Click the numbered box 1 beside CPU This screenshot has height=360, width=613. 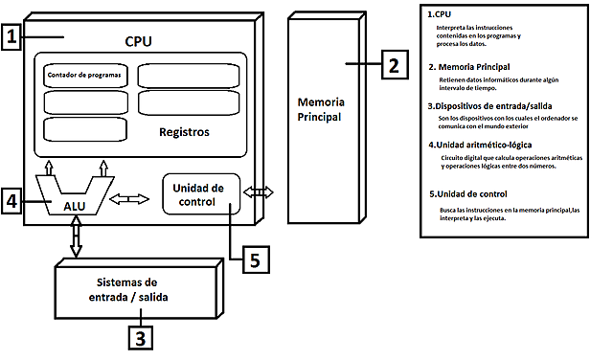point(12,38)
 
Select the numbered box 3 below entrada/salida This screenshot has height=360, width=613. point(140,336)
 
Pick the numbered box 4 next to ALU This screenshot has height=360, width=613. point(12,203)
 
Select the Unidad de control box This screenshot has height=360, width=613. point(200,194)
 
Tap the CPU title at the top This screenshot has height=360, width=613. point(138,41)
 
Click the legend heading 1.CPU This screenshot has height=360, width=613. point(439,14)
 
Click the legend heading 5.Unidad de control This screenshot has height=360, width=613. point(471,193)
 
